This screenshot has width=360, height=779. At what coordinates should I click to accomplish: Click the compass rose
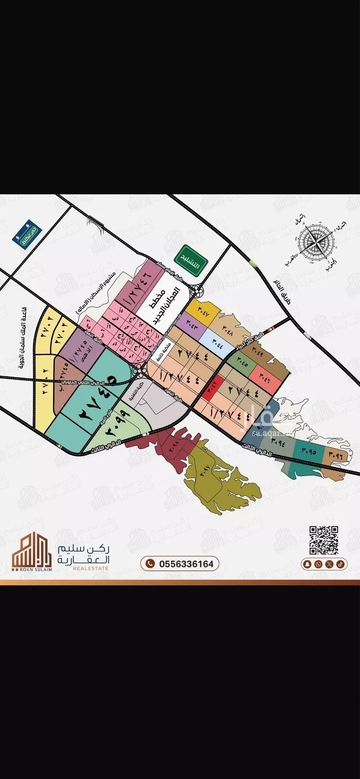(314, 242)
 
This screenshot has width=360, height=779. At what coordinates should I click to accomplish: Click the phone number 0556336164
(180, 563)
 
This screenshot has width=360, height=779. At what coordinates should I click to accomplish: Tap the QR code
(324, 540)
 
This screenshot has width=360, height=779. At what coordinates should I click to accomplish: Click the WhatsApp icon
(318, 564)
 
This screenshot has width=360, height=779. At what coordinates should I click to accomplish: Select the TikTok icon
(340, 564)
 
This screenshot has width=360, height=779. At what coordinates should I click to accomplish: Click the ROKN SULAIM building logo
(32, 551)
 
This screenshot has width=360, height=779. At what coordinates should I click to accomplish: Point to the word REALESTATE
(91, 568)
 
